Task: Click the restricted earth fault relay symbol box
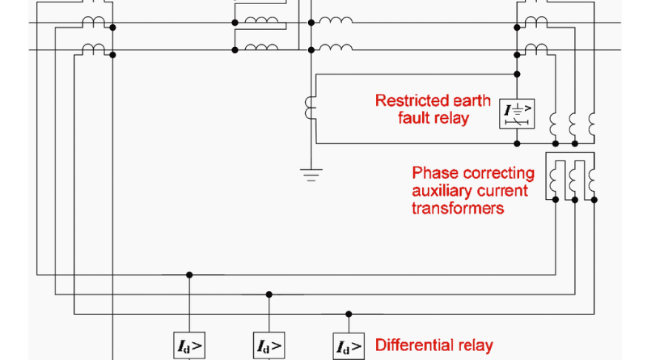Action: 516,112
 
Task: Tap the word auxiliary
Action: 442,191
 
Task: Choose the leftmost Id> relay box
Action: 189,347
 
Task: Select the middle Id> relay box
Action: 269,347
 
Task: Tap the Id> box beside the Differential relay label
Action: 349,347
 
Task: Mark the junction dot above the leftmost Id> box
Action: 189,274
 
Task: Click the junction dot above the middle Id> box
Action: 269,294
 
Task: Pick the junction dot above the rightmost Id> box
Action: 349,314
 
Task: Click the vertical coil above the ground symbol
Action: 308,109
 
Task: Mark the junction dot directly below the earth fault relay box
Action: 516,143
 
